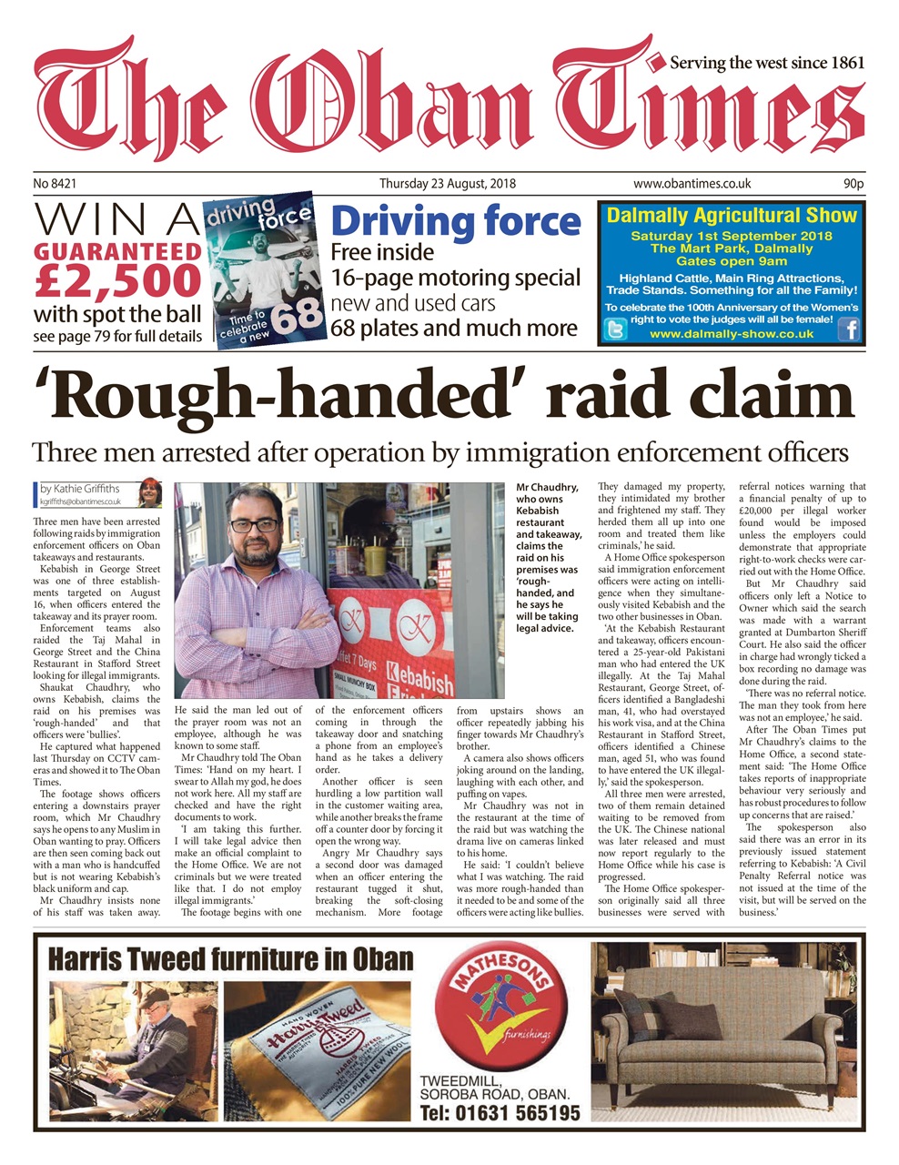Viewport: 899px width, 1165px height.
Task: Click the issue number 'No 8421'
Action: [x=55, y=184]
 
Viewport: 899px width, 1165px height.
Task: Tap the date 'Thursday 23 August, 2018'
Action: [x=447, y=184]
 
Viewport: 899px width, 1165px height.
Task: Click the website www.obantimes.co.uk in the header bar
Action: [x=692, y=184]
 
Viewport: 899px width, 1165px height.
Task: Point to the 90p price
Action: [x=853, y=184]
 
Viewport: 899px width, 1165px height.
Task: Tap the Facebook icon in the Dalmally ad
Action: [x=848, y=329]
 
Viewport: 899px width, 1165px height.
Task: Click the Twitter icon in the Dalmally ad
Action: [x=615, y=330]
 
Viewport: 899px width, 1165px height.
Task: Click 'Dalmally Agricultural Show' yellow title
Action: [x=732, y=217]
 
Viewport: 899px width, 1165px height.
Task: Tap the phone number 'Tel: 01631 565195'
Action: [x=500, y=1112]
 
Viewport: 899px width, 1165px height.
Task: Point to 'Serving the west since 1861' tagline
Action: [x=766, y=63]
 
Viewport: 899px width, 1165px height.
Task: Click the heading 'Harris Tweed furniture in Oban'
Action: [x=229, y=959]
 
